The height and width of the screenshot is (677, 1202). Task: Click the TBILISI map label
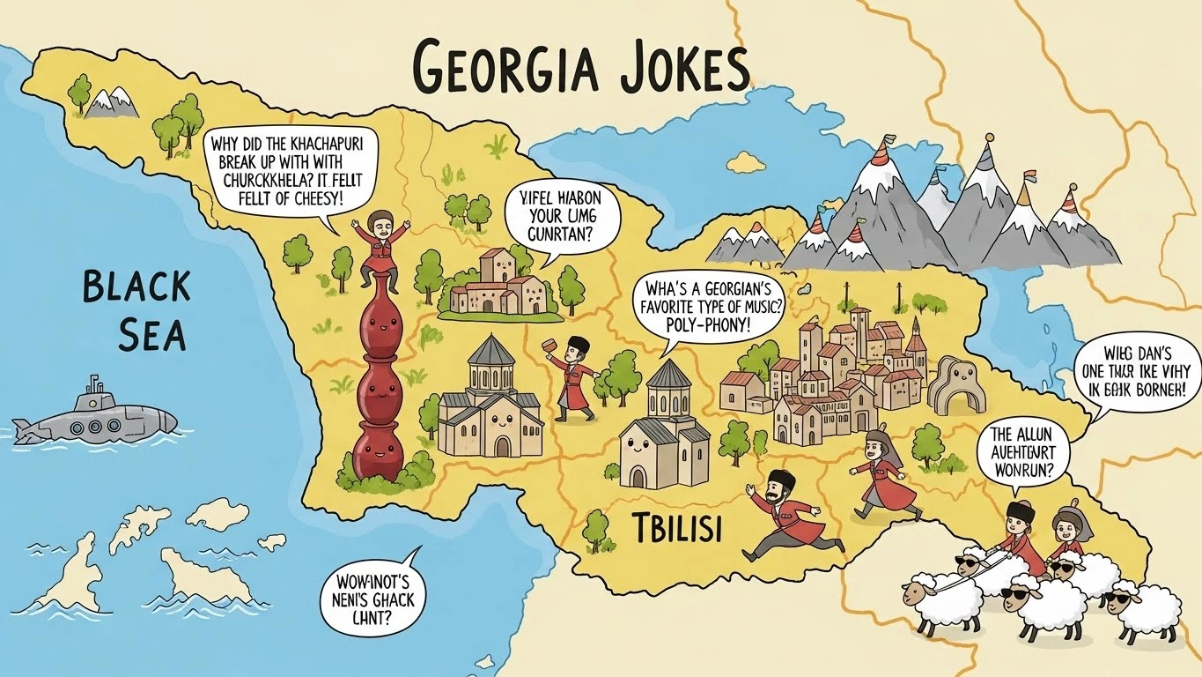(676, 528)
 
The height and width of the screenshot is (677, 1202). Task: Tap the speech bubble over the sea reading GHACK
(371, 595)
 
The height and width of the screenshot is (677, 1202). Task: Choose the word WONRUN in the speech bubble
(1029, 469)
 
